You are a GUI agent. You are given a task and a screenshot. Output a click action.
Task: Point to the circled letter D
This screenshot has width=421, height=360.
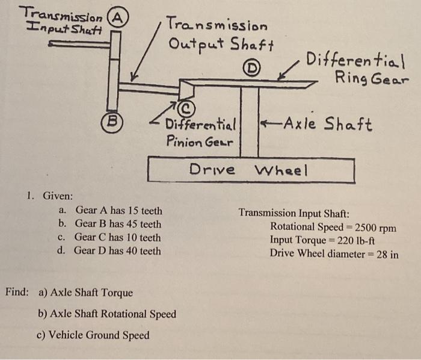coord(250,68)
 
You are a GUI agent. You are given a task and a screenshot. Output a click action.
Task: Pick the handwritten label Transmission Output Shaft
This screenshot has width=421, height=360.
coord(220,35)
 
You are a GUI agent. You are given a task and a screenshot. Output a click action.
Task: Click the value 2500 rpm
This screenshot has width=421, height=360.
coord(376,227)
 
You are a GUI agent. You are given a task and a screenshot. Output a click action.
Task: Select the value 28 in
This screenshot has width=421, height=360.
coord(387,253)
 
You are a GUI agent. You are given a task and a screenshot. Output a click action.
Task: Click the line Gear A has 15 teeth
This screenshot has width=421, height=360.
coord(118,211)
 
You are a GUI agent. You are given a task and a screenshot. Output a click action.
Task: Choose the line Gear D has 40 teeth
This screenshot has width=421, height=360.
coord(117,250)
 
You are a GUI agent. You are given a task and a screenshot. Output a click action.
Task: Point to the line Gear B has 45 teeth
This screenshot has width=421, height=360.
coord(118,224)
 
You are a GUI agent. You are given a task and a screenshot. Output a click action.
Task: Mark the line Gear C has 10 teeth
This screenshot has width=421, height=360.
coord(117,237)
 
